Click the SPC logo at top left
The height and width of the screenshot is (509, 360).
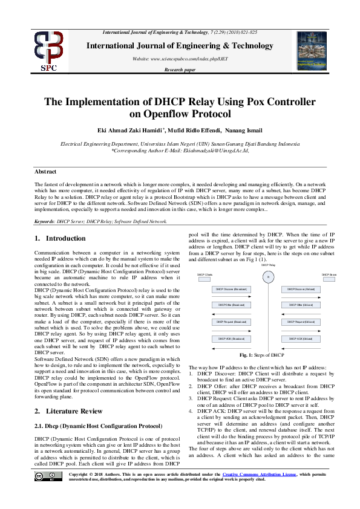[48, 51]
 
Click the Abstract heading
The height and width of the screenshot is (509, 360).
[45, 172]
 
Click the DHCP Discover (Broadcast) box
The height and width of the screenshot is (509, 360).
[231, 289]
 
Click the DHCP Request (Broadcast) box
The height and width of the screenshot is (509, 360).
[231, 322]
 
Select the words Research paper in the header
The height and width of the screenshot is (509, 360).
[180, 71]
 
